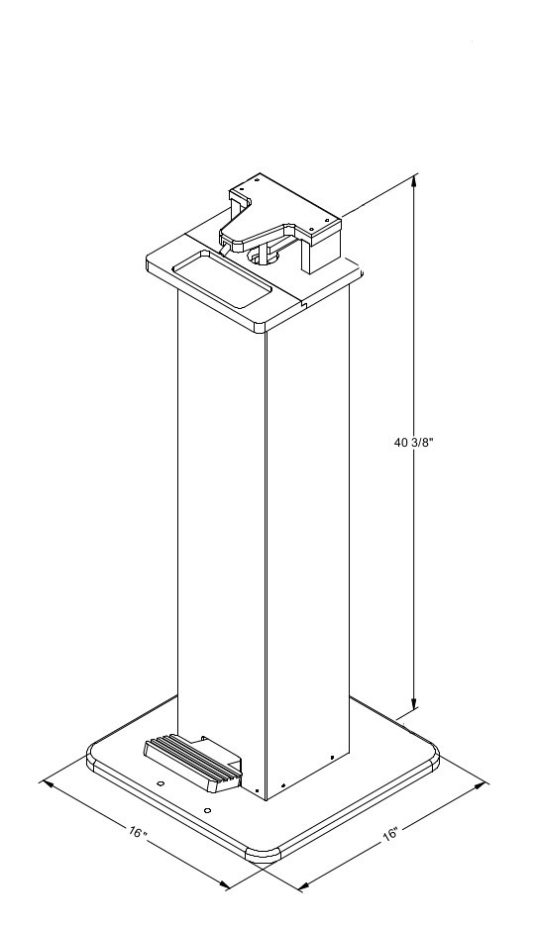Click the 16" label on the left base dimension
point(138,831)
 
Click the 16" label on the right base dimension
point(390,833)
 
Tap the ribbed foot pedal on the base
point(193,765)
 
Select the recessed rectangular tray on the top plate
point(221,278)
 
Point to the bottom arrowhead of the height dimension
point(414,703)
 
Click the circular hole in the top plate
point(263,257)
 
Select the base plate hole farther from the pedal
point(207,809)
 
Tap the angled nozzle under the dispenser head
point(225,249)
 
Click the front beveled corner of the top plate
point(261,328)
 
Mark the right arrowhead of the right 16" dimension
point(482,785)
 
